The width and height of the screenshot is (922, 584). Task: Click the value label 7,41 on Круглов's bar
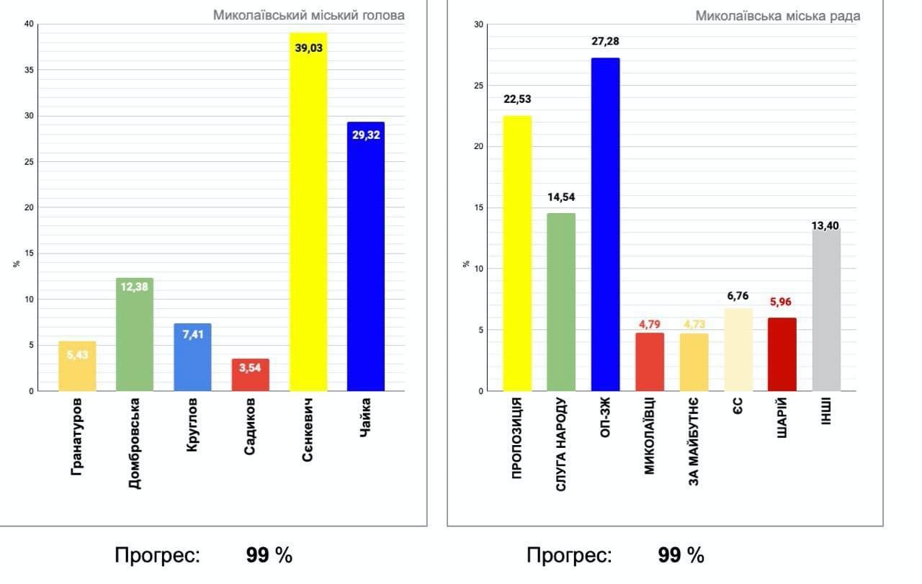click(x=192, y=334)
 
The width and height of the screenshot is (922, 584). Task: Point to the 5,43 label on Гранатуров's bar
click(x=77, y=354)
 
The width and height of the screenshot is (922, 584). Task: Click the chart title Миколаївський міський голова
click(x=308, y=14)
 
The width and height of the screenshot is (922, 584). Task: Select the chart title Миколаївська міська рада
click(x=777, y=16)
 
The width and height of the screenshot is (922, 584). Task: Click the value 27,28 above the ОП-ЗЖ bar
click(x=605, y=42)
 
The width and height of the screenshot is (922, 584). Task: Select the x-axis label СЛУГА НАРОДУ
click(x=561, y=444)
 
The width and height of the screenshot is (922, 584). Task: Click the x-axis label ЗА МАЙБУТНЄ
click(x=694, y=441)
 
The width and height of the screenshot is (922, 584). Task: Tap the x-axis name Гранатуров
click(x=77, y=436)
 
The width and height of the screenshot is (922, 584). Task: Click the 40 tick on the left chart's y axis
click(x=29, y=24)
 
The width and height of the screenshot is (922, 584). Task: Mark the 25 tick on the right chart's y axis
click(x=479, y=86)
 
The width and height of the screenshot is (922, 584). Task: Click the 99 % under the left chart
click(x=269, y=555)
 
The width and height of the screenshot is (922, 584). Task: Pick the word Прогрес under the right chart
click(x=569, y=555)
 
